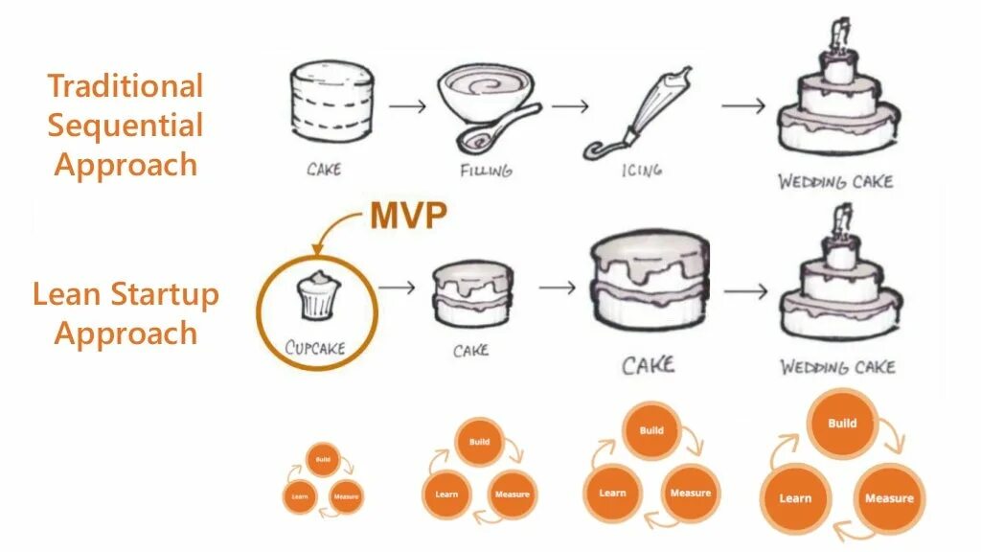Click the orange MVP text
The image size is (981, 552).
point(408,217)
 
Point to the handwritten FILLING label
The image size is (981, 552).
point(486,170)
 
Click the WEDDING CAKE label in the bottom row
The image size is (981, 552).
point(836,367)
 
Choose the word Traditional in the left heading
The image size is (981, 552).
point(125,85)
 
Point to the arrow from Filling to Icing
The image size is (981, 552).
point(570,105)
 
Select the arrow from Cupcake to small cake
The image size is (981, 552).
point(397,286)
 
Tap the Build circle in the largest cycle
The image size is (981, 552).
point(842,424)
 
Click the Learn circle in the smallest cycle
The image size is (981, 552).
point(300,496)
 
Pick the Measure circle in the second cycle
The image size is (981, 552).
point(513,494)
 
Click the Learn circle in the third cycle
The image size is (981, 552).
point(612,493)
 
